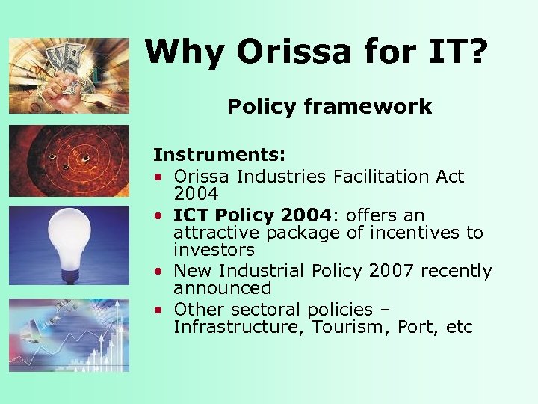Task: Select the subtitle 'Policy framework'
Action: pyautogui.click(x=330, y=107)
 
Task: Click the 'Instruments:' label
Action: pyautogui.click(x=219, y=155)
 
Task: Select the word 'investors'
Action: pyautogui.click(x=214, y=250)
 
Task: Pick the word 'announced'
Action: pyautogui.click(x=221, y=287)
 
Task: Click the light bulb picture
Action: pyautogui.click(x=69, y=244)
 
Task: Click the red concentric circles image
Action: pyautogui.click(x=69, y=159)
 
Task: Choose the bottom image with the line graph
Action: pyautogui.click(x=69, y=334)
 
